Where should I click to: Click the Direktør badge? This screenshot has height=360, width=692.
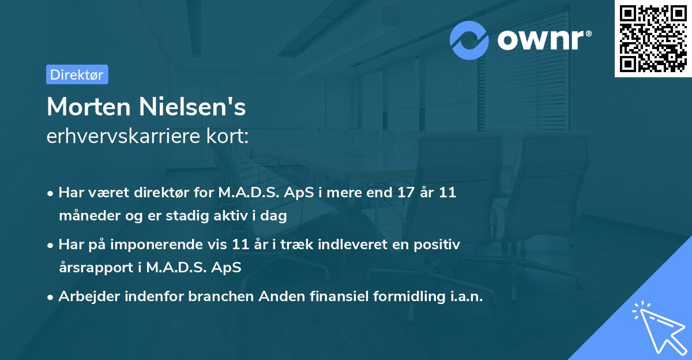click(x=77, y=74)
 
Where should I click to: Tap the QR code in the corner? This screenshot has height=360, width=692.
click(x=653, y=39)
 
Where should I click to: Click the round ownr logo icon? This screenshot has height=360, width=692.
click(x=469, y=40)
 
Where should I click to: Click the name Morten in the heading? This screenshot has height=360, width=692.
click(x=90, y=107)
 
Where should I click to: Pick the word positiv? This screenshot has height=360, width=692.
click(x=437, y=245)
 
